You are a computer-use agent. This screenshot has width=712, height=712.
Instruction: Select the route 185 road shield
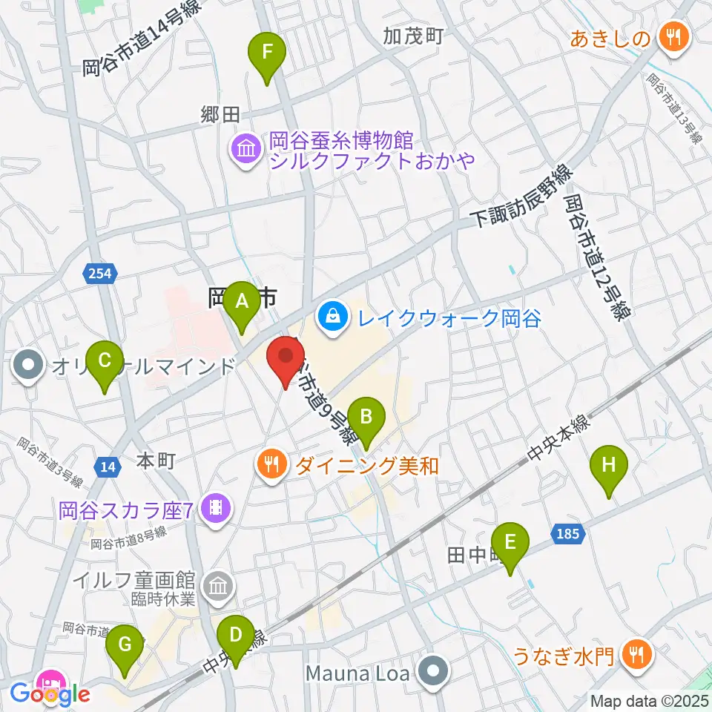570,533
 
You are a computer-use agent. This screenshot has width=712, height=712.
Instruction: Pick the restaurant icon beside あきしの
673,36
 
